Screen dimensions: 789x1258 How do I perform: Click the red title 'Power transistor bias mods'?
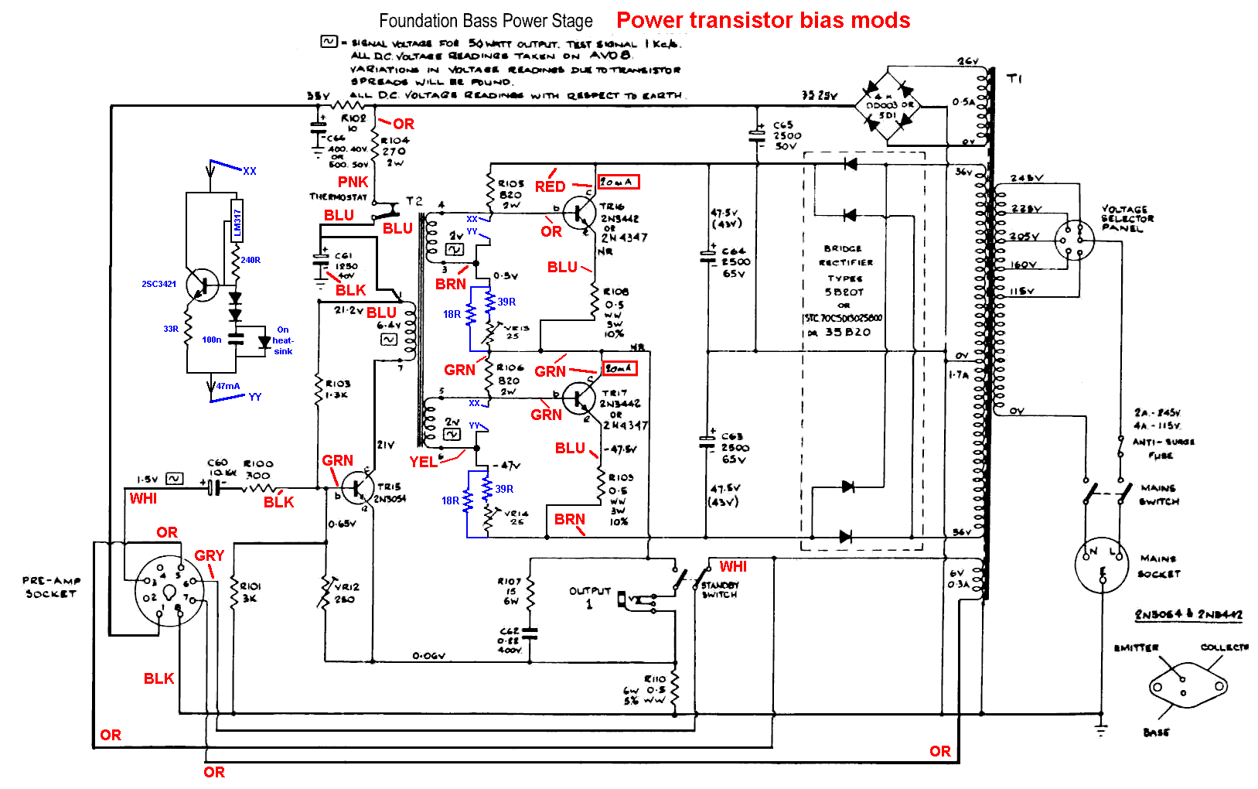point(763,20)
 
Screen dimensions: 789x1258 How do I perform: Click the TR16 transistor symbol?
point(578,213)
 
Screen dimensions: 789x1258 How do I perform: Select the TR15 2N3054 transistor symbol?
point(357,487)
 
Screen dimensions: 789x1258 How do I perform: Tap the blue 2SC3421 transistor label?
point(159,284)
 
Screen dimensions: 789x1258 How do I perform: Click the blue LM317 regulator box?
point(237,223)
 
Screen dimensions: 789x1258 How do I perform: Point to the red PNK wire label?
point(353,182)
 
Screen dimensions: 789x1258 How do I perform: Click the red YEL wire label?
point(423,462)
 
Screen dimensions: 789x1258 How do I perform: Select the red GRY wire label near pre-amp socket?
point(209,555)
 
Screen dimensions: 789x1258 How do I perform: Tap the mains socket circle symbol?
point(1102,565)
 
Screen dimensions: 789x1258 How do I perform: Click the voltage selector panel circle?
point(1075,241)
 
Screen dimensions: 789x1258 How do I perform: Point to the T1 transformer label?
point(1014,79)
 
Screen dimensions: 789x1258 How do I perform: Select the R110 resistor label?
point(654,678)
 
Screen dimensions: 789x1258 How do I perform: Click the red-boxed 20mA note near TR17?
point(620,368)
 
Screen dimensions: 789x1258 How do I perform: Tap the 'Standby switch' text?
point(720,590)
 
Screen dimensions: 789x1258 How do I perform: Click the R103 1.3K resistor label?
point(337,388)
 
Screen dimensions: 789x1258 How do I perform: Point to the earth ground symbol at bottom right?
point(1101,729)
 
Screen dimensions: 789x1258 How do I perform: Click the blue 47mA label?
point(228,386)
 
